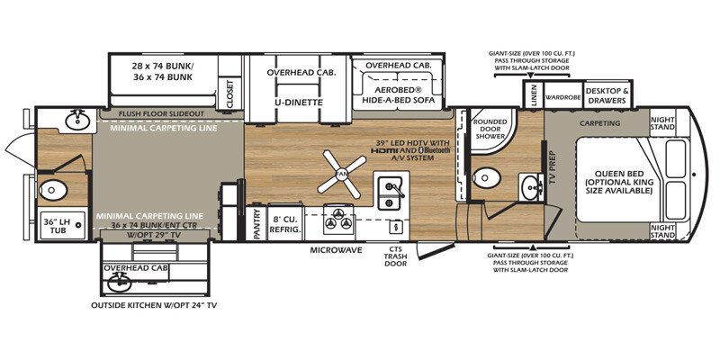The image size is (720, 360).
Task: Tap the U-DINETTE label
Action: pyautogui.click(x=298, y=103)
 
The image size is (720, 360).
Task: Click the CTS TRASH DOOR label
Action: pyautogui.click(x=396, y=257)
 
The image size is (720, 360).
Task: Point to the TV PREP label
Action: pyautogui.click(x=553, y=167)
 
